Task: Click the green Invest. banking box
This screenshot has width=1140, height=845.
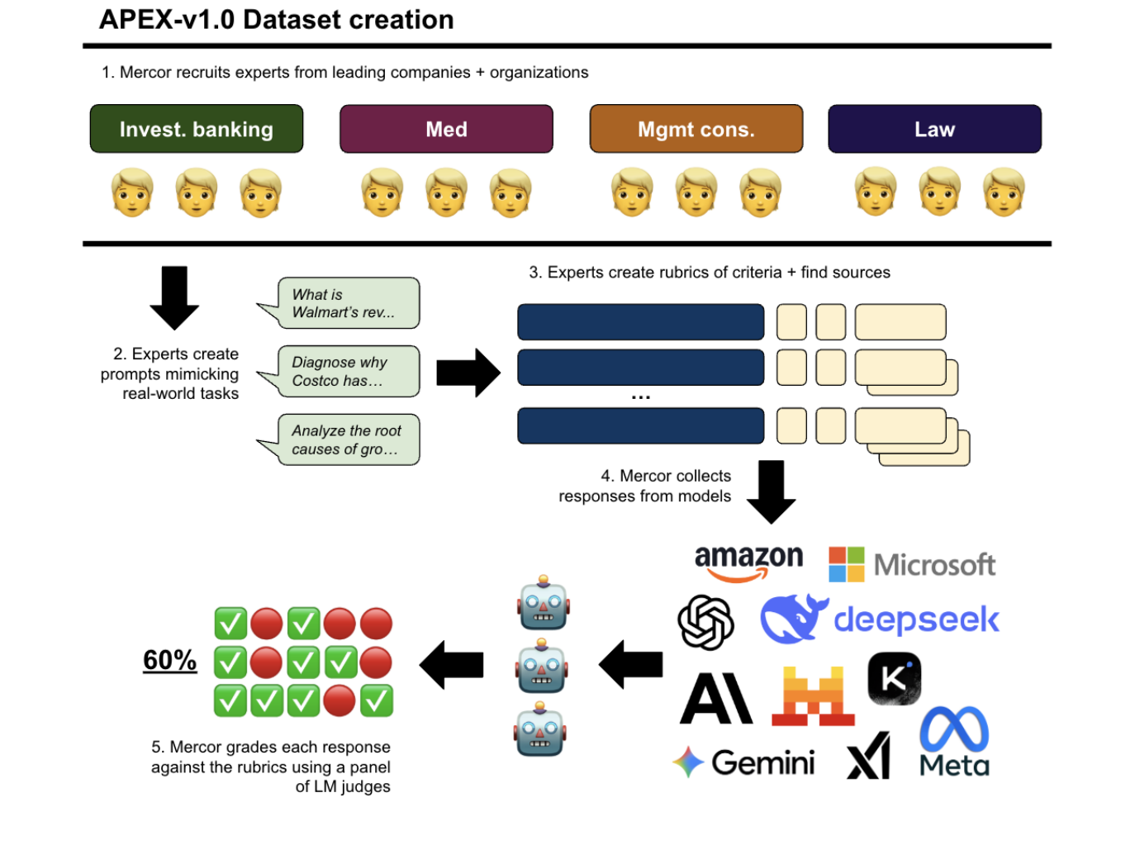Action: pos(197,129)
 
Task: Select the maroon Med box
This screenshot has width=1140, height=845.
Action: pos(446,129)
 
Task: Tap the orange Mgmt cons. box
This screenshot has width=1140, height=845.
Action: pos(696,129)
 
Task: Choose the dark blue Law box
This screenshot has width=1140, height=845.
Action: pos(934,129)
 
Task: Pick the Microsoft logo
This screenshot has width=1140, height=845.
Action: pos(912,565)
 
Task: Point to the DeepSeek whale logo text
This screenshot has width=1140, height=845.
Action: pos(915,620)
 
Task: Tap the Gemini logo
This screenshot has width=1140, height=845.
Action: pos(744,762)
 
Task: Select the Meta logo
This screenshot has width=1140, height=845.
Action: pos(954,741)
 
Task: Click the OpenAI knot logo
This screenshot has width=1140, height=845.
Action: pos(705,622)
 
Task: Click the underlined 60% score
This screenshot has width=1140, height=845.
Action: pos(170,660)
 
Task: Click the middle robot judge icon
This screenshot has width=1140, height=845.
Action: pos(542,667)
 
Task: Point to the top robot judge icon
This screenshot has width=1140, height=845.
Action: pos(543,603)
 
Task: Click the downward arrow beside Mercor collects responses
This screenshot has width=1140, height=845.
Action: pos(771,491)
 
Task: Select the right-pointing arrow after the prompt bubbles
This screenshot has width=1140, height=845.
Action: pos(468,373)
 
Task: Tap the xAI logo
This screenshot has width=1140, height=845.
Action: pos(869,757)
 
